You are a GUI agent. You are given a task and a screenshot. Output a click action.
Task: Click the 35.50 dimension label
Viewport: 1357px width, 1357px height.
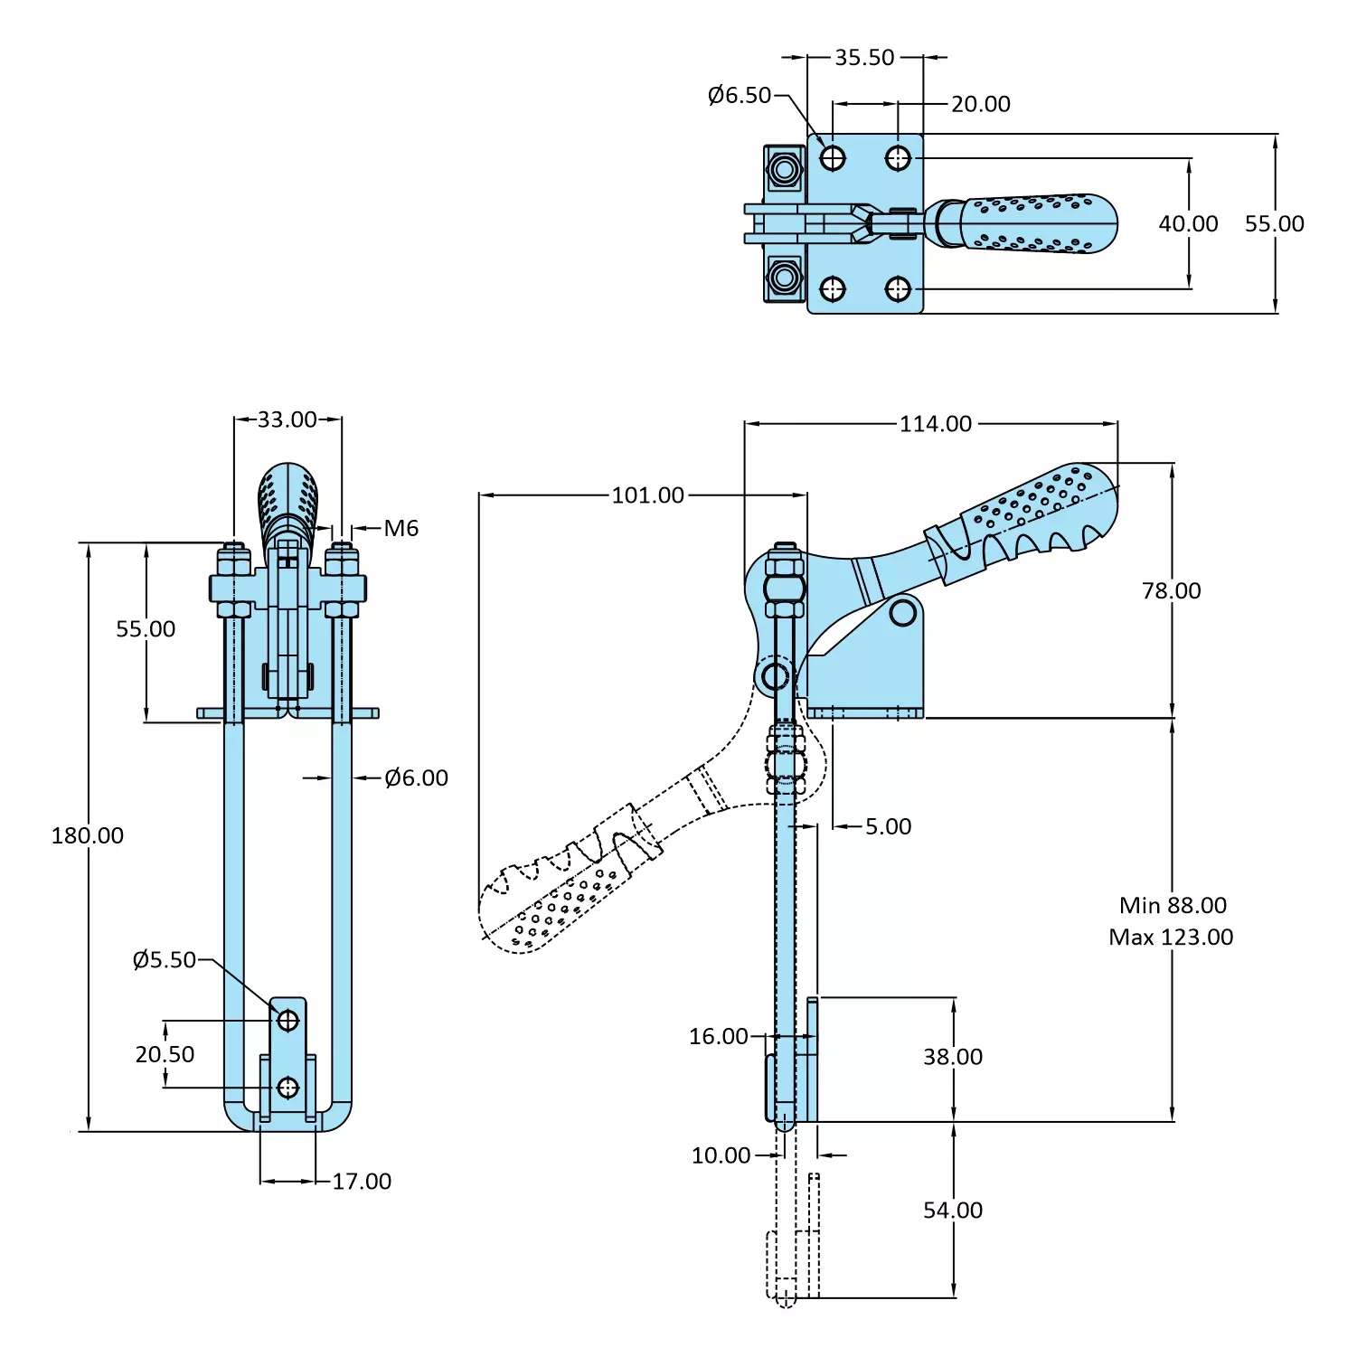coord(864,58)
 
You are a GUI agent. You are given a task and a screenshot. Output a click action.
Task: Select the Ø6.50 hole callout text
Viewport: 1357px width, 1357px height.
coord(740,95)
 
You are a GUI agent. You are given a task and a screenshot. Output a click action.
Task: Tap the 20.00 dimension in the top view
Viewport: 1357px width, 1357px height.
coord(980,104)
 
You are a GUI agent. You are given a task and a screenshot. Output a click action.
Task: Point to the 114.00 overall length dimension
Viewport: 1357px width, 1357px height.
coord(935,424)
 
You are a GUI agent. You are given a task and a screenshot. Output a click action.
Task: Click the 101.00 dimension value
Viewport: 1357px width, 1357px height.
coord(647,495)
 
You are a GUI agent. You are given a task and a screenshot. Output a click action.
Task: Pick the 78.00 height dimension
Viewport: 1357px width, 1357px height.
coord(1171,591)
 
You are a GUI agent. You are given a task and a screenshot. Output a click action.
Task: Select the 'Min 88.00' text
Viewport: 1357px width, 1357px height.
coord(1173,906)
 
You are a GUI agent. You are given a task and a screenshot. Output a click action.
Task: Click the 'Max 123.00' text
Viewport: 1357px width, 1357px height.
coord(1171,938)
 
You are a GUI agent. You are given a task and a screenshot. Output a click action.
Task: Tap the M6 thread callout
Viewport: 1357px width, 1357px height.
coord(401,529)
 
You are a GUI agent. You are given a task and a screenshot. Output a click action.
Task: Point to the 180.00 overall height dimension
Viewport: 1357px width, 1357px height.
coord(87,835)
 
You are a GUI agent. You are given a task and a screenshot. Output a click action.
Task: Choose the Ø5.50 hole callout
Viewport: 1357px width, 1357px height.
coord(164,960)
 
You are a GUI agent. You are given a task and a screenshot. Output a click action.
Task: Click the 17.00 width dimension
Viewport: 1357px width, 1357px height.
coord(362,1182)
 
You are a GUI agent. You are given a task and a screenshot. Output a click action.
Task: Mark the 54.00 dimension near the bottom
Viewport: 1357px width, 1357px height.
coord(952,1211)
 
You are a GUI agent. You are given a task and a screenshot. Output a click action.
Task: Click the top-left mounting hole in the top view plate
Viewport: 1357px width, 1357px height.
coord(833,158)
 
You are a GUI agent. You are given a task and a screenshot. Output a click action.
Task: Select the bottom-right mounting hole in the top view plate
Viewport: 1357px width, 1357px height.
coord(898,289)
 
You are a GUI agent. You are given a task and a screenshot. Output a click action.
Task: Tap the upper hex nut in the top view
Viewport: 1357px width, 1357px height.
coord(784,170)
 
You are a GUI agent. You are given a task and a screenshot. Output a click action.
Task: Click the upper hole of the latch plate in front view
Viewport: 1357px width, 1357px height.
coord(287,1021)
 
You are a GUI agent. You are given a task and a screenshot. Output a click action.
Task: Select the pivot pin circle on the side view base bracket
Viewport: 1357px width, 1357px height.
coord(902,613)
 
